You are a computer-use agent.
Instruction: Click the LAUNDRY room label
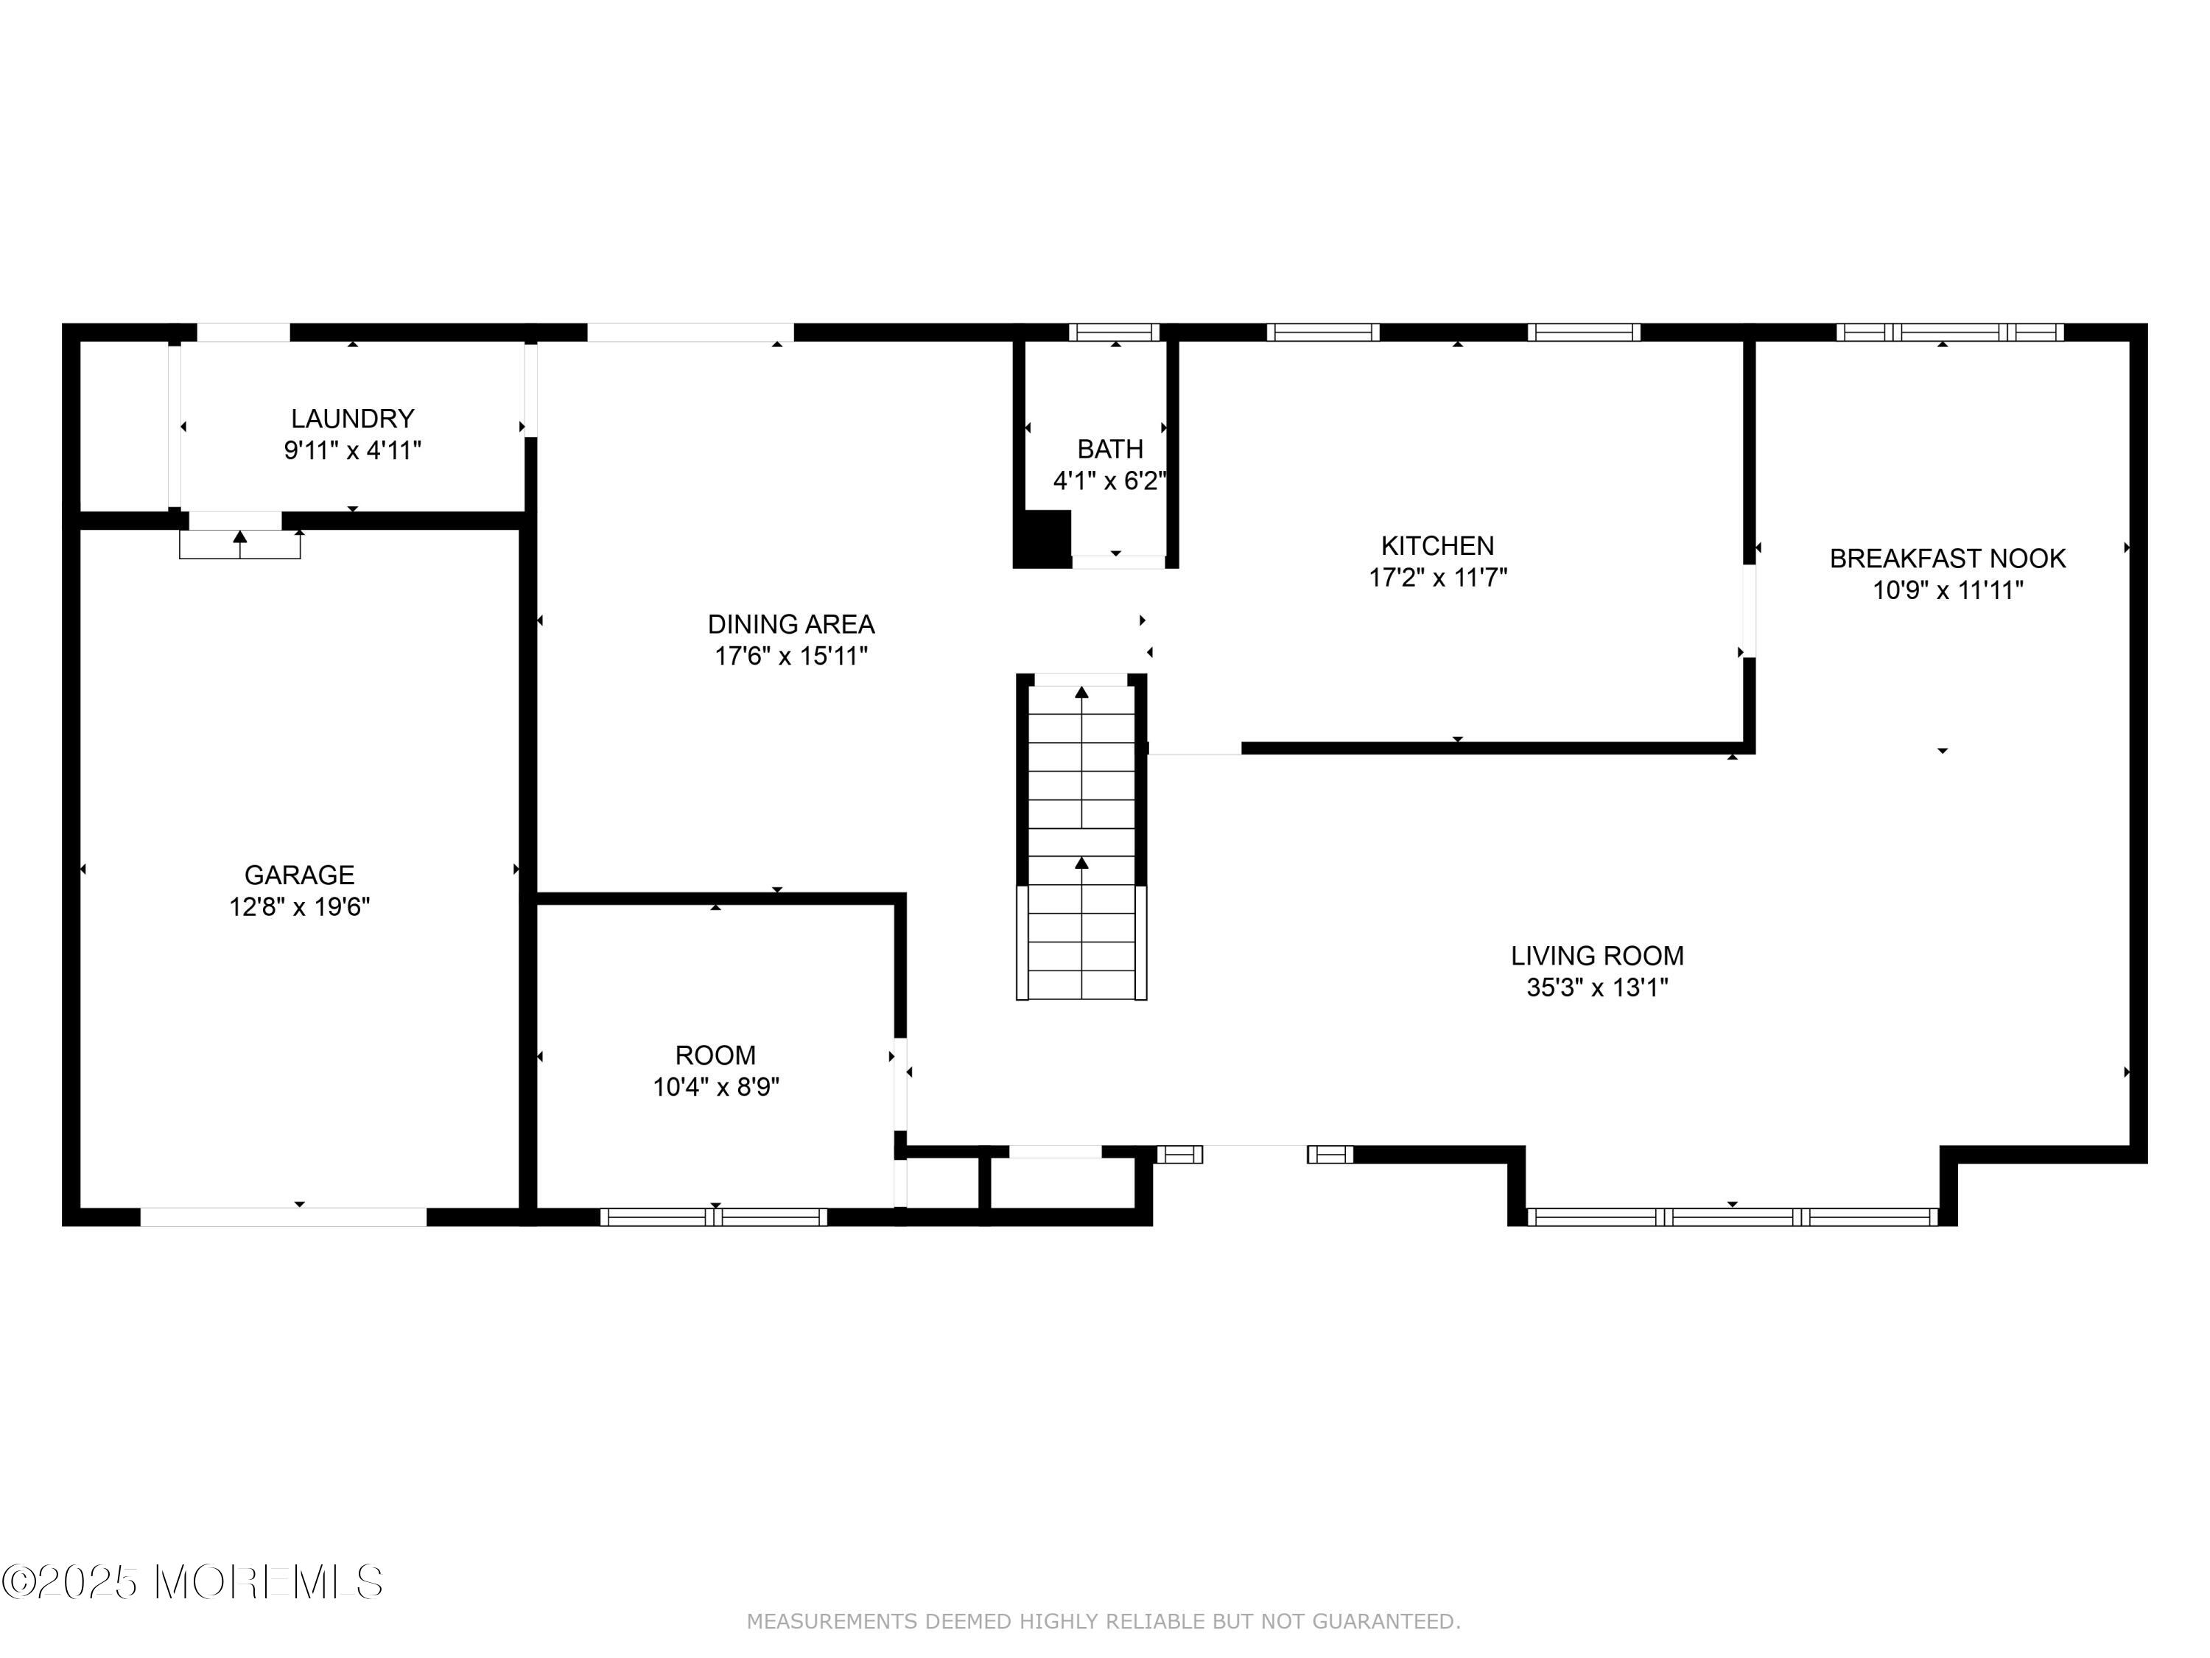coord(353,418)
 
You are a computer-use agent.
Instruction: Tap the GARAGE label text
coord(300,875)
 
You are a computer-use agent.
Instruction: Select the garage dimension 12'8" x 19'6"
coord(300,906)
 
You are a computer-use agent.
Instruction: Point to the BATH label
coord(1110,449)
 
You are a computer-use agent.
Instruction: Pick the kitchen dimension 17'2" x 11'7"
coord(1438,577)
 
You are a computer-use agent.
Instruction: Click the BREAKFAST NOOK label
coord(1947,558)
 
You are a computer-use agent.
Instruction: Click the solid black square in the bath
coord(1043,539)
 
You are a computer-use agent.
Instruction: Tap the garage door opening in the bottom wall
coord(283,1217)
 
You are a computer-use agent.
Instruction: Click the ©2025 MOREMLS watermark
coord(192,1582)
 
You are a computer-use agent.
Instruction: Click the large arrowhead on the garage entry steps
coord(239,536)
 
